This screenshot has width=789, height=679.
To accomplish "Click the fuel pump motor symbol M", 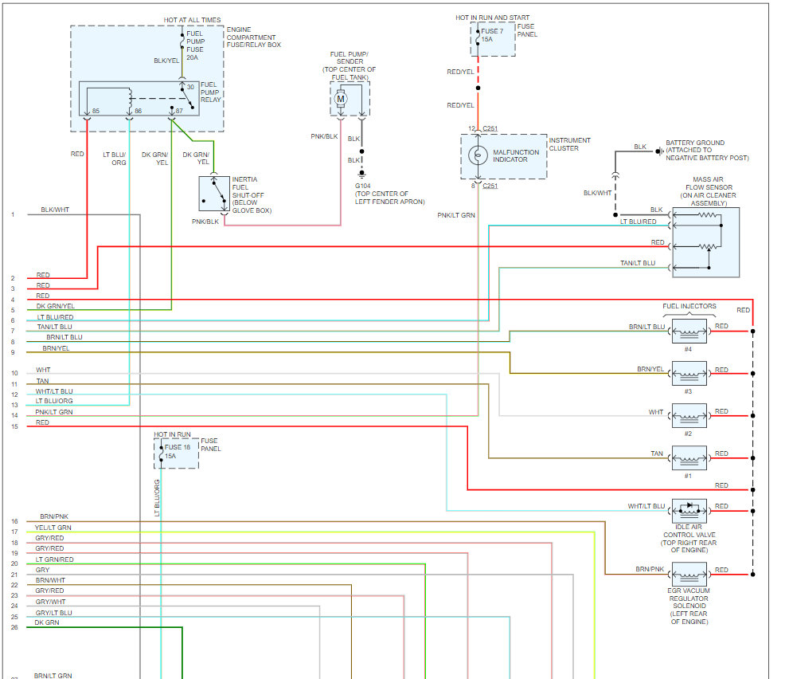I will (341, 97).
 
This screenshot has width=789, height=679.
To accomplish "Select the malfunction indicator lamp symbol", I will (477, 155).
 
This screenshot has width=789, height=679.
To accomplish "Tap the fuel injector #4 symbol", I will (689, 329).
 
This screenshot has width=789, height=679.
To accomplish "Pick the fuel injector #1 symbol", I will (689, 457).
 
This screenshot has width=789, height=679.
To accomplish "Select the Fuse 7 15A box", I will (492, 39).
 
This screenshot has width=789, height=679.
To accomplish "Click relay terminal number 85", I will (96, 111).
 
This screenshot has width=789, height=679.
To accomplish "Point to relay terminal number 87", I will (179, 111).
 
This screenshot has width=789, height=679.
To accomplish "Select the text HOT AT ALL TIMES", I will (193, 19).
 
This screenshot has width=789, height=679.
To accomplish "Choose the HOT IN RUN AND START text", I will (492, 18).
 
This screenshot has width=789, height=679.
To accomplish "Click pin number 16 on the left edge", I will (14, 521).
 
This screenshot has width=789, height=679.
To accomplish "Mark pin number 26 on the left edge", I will (14, 627).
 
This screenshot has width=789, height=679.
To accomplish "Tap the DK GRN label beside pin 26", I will (47, 622).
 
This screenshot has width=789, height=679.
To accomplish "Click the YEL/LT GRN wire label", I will (53, 528).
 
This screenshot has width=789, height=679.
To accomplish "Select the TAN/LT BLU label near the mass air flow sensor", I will (638, 263).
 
